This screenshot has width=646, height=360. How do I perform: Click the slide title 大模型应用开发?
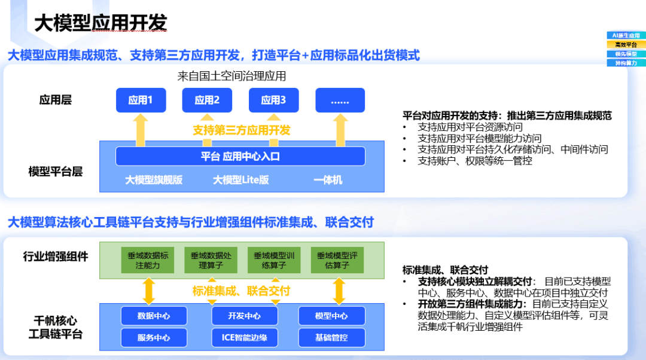pos(100,23)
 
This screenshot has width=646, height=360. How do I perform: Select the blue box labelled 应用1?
pos(141,100)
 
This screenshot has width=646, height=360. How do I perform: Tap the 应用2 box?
pos(207,100)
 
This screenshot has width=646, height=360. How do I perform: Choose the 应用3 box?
pos(273,100)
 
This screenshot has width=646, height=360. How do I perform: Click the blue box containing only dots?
pos(340,100)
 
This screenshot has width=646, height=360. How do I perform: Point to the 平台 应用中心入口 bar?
pos(240,157)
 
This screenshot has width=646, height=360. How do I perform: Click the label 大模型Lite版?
pos(240,179)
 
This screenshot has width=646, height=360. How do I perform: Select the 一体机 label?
pos(328,179)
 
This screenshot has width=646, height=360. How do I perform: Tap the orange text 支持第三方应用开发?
pos(242,130)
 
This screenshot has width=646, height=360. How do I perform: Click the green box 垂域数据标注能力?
pos(148,260)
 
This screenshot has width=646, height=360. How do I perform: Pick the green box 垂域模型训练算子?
pos(274,260)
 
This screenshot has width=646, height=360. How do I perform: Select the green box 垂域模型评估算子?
pos(337,260)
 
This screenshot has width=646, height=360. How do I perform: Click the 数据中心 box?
pos(154,316)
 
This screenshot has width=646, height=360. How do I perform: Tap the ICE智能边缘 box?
pos(245,338)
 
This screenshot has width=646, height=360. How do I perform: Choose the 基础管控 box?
pos(331,338)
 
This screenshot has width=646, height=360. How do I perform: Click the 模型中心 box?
pos(331,316)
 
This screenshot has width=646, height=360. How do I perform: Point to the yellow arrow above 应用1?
pos(141,130)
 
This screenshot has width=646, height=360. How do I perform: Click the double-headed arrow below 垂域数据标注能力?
pos(149,291)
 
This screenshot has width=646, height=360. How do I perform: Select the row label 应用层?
pos(56,100)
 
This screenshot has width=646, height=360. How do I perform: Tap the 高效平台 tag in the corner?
pos(626,45)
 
